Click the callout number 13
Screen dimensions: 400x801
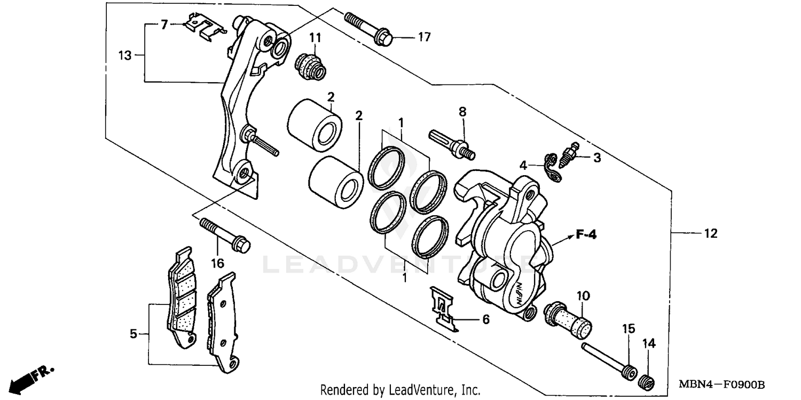pos(124,55)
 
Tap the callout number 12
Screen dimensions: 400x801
pos(710,233)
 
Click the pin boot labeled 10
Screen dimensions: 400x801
pos(567,318)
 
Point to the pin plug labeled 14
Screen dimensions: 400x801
pos(647,382)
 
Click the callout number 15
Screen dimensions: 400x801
pos(628,328)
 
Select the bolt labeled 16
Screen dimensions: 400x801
pos(225,234)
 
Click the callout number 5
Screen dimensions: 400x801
pos(133,334)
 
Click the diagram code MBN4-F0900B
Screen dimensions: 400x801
pos(721,385)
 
